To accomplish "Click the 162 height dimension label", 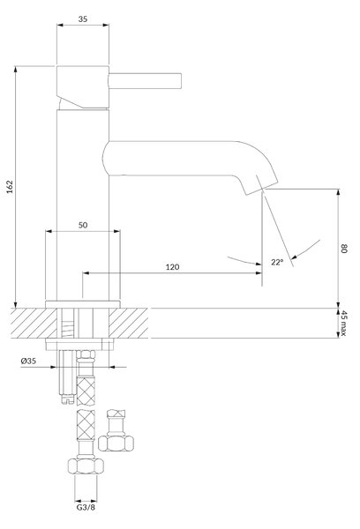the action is coord(10,187).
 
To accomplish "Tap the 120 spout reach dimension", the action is coord(172,267).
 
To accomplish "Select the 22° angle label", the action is coord(276,262).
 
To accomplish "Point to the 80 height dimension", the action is coord(344,249).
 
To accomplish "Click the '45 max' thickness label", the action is coord(343,324).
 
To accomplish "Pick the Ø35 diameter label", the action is coord(28,361).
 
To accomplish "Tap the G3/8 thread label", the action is coord(86,508).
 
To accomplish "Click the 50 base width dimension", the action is coord(83,225).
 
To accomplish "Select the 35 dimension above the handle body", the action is coord(83,19).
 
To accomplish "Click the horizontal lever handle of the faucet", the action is coord(146,81).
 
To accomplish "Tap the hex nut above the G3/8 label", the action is coord(86,466).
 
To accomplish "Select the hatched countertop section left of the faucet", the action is coord(34,324).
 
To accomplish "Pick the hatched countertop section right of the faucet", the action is coord(128,324).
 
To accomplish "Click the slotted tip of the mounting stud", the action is coord(68,399).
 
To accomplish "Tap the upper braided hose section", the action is coord(86,391).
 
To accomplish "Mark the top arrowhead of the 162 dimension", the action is coord(16,69).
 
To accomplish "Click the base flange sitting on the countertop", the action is coord(83,304).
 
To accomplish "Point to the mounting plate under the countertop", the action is coord(79,345).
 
